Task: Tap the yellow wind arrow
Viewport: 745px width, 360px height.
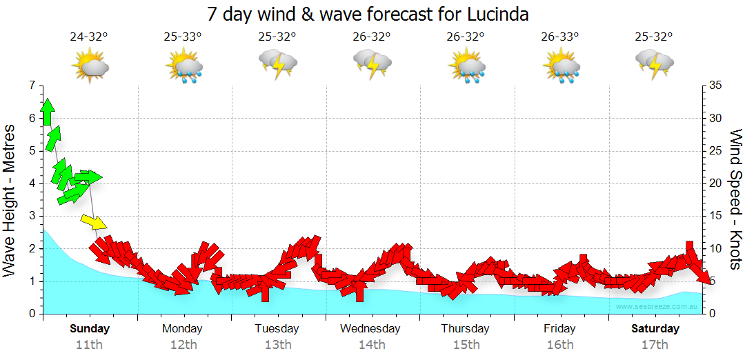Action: [94, 222]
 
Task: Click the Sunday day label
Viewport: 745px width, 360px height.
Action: [90, 328]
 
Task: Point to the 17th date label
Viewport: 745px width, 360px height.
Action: [655, 344]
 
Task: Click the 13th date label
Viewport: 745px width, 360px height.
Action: [277, 344]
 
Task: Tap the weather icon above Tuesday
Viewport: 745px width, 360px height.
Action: [277, 64]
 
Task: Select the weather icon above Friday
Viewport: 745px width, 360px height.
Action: [560, 66]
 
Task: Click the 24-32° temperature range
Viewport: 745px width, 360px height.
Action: [89, 37]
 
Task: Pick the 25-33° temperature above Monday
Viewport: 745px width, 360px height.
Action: [183, 37]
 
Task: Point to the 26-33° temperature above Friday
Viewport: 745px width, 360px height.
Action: [560, 37]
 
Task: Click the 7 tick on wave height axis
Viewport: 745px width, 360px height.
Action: [31, 86]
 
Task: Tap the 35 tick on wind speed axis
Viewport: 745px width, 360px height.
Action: [715, 86]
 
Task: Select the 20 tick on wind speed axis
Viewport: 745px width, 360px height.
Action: [715, 183]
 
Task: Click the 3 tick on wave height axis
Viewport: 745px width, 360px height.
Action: [31, 216]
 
